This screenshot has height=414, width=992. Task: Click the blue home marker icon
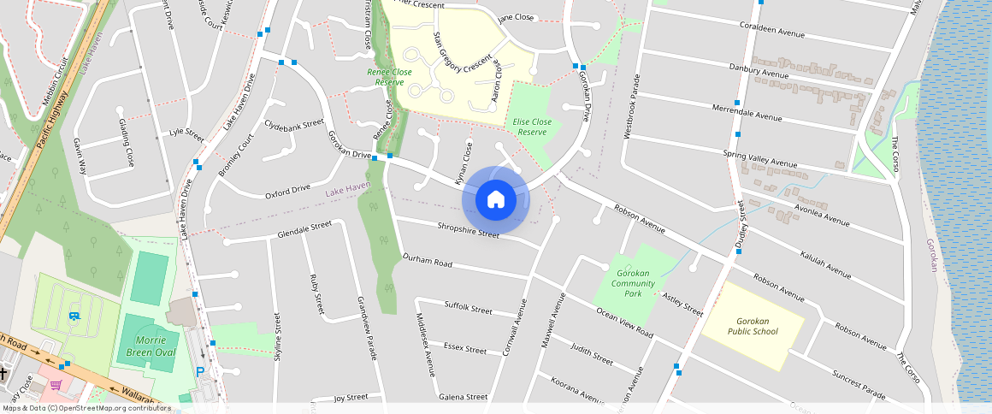pos(495,200)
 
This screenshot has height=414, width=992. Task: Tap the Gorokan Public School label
pos(753,326)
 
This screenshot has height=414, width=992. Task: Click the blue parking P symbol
pos(201,372)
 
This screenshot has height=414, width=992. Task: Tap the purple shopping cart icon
pos(56,385)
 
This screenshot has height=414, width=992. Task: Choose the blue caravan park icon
pos(74,316)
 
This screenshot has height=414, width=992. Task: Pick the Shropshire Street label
pos(468,230)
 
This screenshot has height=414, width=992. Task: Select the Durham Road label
pos(427,260)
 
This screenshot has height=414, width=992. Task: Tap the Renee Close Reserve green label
pos(389,77)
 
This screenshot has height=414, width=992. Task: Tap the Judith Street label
pos(592,355)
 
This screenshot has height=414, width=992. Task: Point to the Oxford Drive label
pos(287,191)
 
